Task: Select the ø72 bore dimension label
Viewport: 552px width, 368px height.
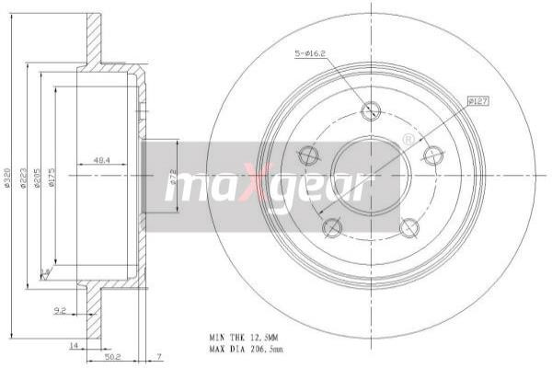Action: point(172,178)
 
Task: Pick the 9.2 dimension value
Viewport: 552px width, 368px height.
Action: point(60,311)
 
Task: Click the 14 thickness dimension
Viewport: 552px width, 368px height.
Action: point(72,345)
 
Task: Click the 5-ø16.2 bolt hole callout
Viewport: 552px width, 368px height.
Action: point(308,54)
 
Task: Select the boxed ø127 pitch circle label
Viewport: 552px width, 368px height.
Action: point(477,100)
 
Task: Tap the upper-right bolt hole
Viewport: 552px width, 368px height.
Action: point(431,155)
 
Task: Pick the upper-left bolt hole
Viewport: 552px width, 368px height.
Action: point(309,155)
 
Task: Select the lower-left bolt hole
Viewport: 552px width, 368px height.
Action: point(333,226)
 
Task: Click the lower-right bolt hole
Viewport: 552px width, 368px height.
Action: point(408,226)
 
